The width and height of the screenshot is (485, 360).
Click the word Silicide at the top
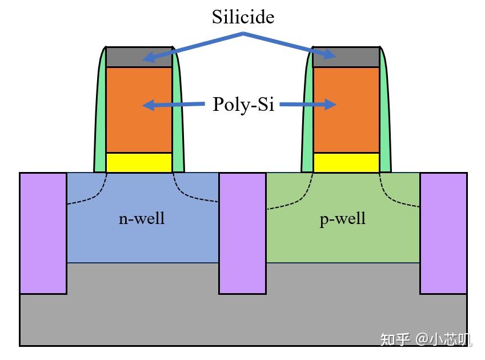(243, 17)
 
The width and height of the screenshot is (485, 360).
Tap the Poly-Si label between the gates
(243, 104)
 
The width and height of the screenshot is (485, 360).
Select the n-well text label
(142, 218)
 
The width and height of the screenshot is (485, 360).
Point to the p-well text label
(342, 219)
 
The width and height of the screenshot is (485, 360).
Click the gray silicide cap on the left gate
(139, 57)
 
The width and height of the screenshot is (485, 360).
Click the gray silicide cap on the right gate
(346, 57)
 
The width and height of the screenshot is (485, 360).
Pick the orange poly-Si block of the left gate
(139, 110)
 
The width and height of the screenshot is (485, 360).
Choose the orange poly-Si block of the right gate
(346, 110)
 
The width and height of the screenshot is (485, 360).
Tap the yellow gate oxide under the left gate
(139, 162)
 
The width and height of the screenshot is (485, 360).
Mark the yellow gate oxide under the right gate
(346, 162)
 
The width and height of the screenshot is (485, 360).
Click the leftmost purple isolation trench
(43, 233)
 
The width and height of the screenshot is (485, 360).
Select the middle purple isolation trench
(242, 233)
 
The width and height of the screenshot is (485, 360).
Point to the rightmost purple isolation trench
(443, 233)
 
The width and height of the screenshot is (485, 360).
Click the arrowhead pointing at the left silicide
(149, 58)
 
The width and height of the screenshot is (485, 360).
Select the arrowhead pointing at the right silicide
(330, 54)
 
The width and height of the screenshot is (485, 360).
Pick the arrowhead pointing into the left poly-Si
(149, 105)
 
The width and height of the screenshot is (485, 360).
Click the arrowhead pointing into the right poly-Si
(330, 104)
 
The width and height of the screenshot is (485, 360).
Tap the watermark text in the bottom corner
(426, 339)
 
